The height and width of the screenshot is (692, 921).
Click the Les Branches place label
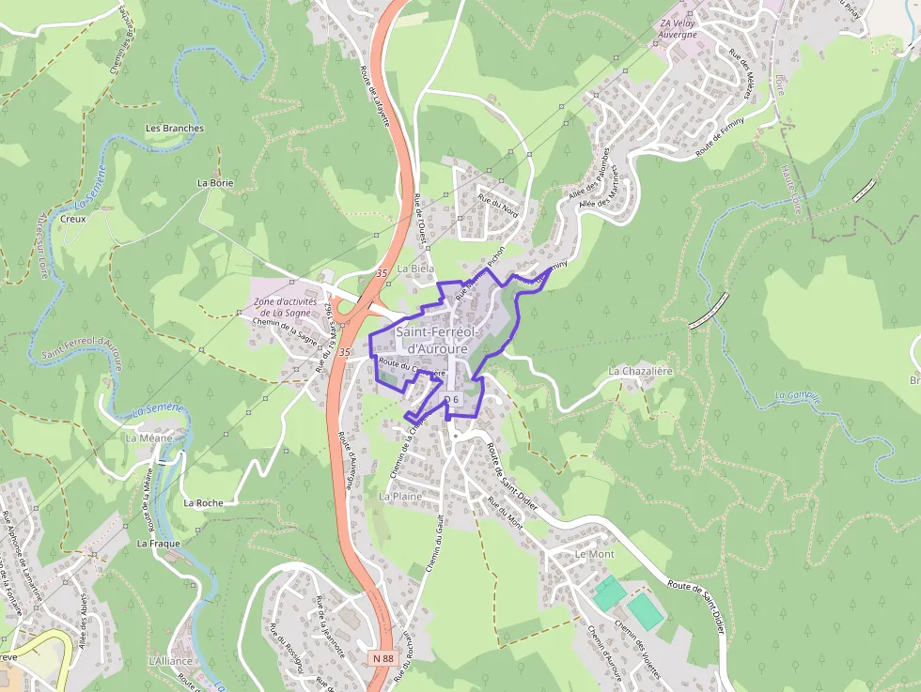point(175,128)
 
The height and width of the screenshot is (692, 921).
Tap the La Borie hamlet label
point(215,183)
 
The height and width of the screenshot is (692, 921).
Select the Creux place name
point(72,218)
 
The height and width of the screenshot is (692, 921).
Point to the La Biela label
point(416,269)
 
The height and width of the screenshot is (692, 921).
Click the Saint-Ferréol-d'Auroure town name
point(438,340)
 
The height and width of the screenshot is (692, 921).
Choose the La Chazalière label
point(641,371)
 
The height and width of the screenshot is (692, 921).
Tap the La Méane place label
point(148,438)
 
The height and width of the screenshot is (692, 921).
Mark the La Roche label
point(204,502)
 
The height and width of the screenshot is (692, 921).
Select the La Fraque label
point(158,543)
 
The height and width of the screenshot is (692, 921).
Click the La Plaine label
point(400,495)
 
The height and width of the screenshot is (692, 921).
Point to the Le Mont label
point(594,554)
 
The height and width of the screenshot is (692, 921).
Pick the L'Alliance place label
point(170,661)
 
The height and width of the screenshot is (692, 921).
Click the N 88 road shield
point(382,658)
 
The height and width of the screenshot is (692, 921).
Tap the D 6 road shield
point(451,399)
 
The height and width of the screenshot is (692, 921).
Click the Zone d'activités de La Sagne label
point(285,307)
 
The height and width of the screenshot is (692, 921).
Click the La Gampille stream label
point(798,398)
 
